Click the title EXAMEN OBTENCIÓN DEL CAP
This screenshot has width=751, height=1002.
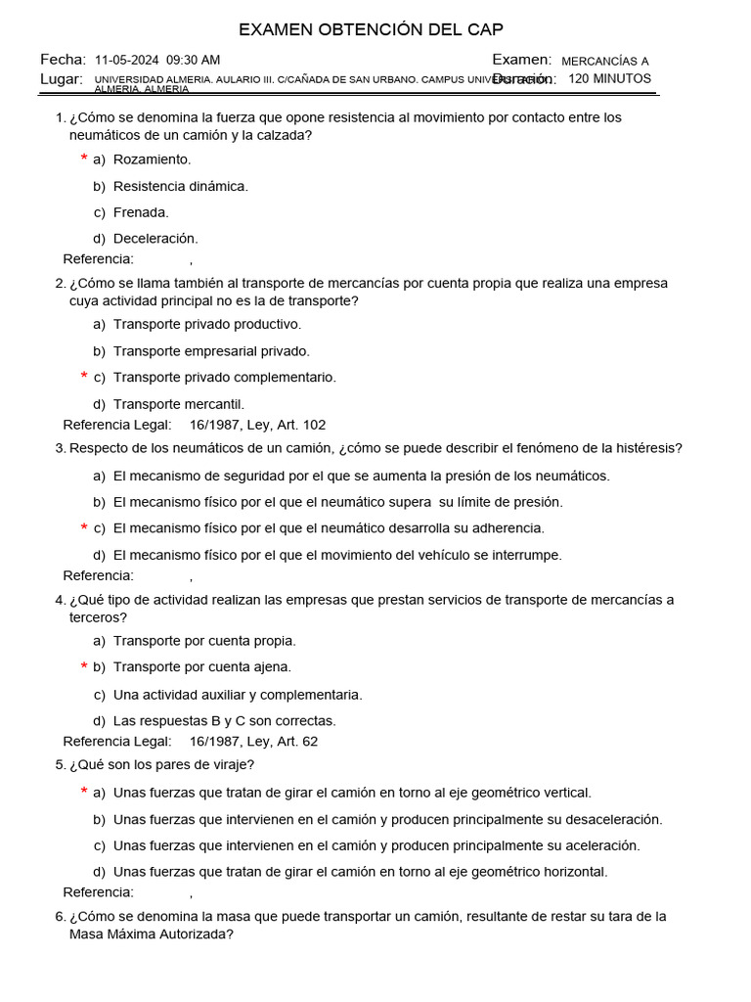(x=372, y=29)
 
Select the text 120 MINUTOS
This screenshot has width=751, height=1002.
(x=609, y=79)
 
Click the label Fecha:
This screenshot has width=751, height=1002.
(x=64, y=61)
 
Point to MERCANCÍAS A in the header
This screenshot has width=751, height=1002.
(x=604, y=61)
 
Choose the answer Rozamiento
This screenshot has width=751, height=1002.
(x=152, y=159)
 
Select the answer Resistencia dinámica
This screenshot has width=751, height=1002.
(x=180, y=186)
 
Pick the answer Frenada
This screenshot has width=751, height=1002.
(x=141, y=212)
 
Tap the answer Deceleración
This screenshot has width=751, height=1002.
(x=155, y=239)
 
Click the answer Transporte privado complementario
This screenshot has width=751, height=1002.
(x=224, y=378)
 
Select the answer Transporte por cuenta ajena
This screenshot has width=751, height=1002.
(x=201, y=667)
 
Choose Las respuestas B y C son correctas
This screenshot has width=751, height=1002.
(x=224, y=721)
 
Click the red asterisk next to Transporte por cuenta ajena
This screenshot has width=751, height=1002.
(x=84, y=667)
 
